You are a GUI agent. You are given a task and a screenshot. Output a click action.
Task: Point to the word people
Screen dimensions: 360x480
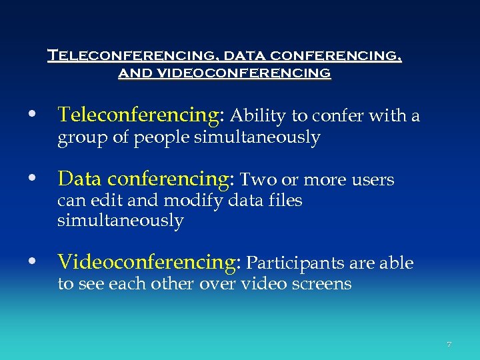pos(163,138)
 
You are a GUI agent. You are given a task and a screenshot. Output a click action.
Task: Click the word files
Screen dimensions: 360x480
pos(283,200)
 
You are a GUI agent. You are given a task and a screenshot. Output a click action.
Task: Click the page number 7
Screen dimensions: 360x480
pos(449,345)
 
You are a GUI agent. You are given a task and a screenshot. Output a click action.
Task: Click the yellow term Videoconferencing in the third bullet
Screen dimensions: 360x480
pos(146,263)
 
